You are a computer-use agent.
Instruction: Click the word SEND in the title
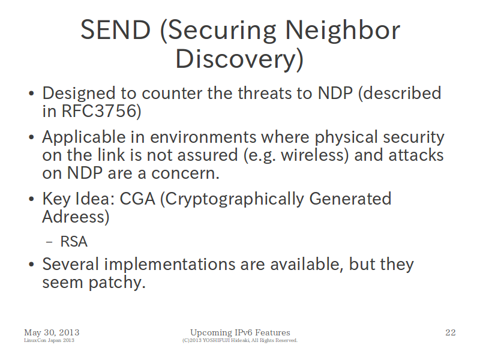pyautogui.click(x=115, y=29)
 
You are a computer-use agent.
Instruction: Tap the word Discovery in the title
pyautogui.click(x=236, y=59)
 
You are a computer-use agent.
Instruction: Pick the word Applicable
pyautogui.click(x=84, y=137)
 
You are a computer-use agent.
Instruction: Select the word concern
pyautogui.click(x=185, y=173)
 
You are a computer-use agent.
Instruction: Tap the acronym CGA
pyautogui.click(x=137, y=199)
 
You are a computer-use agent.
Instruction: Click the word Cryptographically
pyautogui.click(x=235, y=199)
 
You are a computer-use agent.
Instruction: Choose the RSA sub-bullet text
pyautogui.click(x=74, y=242)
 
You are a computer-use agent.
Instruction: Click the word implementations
pyautogui.click(x=170, y=265)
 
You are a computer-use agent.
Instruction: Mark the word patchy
pyautogui.click(x=116, y=283)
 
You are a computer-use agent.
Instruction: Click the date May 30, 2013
pyautogui.click(x=52, y=333)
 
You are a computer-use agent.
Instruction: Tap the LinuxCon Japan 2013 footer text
pyautogui.click(x=49, y=340)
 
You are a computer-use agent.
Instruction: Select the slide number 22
pyautogui.click(x=451, y=332)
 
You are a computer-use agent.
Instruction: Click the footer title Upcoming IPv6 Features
pyautogui.click(x=240, y=333)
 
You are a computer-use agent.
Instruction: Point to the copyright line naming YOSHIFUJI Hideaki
pyautogui.click(x=240, y=340)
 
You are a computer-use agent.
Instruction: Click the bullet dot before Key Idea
pyautogui.click(x=31, y=199)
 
